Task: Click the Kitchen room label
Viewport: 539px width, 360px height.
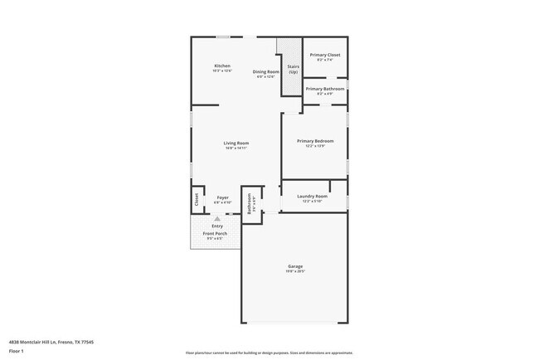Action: click(x=222, y=66)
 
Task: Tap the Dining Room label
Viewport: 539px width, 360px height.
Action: click(x=265, y=71)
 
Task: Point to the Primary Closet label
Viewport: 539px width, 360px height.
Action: click(x=325, y=55)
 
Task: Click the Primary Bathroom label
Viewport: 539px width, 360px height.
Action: click(x=325, y=89)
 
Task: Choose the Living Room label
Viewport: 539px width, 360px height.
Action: click(x=236, y=143)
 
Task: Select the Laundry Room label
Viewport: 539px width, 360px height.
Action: click(x=313, y=196)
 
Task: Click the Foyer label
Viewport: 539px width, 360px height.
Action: click(x=223, y=197)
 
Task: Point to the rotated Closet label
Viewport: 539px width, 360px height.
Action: click(x=197, y=199)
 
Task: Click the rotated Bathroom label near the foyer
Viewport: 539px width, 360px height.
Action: click(x=249, y=204)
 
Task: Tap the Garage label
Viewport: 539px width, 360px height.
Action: click(x=296, y=266)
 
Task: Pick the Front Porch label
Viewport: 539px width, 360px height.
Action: click(x=217, y=234)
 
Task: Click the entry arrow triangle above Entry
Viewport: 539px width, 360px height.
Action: click(x=217, y=219)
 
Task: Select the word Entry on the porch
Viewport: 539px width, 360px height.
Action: click(x=217, y=226)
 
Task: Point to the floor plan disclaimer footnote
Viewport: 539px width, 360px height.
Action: click(x=269, y=353)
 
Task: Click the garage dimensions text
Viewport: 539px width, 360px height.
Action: click(x=296, y=271)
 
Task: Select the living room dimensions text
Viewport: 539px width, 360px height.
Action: click(x=236, y=148)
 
